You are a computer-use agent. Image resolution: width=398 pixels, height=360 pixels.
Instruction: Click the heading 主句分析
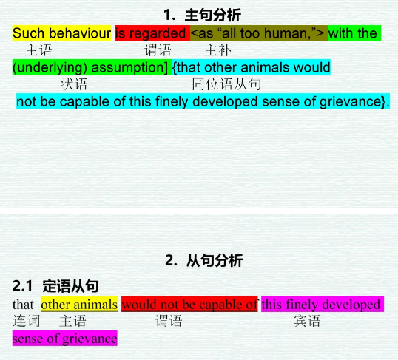coord(213,15)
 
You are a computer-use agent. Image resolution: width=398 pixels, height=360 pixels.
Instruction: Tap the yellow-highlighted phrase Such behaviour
coord(61,33)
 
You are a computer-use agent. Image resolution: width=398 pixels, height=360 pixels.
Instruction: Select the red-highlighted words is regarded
coord(150,33)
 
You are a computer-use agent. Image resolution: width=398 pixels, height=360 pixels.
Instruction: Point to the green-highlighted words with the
coord(353,33)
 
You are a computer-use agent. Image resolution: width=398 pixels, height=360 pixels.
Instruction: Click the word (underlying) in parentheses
coord(50,67)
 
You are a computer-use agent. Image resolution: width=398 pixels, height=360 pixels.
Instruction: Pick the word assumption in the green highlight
coord(128,67)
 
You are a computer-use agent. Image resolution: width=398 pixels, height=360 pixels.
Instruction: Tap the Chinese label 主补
coord(217,50)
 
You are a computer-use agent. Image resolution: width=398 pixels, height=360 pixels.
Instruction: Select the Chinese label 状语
coord(74,84)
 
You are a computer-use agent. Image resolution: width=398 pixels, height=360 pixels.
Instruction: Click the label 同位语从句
coord(226,84)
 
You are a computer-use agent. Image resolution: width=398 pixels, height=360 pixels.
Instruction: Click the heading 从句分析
coord(215,260)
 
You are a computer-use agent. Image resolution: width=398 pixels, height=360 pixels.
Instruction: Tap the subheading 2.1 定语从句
coord(55,286)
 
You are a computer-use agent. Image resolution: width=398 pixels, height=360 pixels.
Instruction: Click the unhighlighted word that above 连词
coord(23,305)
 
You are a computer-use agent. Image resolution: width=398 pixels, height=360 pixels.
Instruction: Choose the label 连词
coord(27,321)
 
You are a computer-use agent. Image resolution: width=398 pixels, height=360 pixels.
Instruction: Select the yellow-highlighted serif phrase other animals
coord(79,305)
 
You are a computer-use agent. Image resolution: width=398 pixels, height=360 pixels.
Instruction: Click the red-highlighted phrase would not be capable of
coord(189,305)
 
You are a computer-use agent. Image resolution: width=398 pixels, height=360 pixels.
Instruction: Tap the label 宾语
coord(307,321)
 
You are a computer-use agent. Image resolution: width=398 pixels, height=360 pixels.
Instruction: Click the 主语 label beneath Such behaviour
coord(38,50)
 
